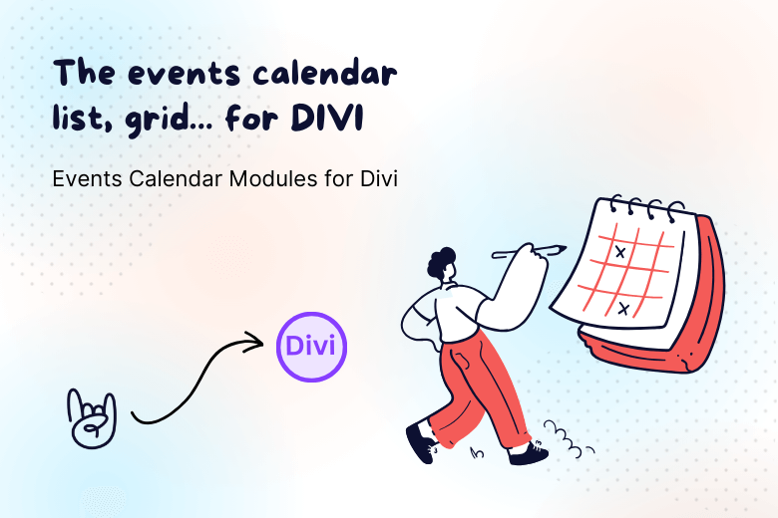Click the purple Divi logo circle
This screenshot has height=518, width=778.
click(311, 347)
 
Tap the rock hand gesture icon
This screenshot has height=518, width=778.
click(91, 415)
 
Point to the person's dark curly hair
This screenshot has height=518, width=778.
click(443, 262)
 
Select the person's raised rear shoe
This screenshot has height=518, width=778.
click(420, 439)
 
